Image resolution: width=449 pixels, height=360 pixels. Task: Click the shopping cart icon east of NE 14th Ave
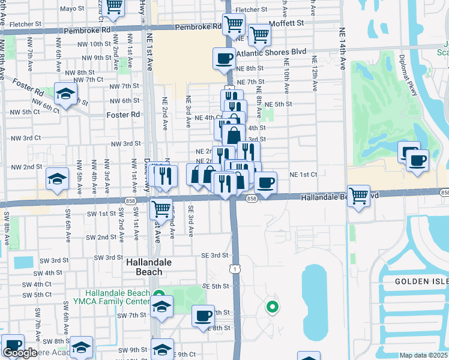[x=358, y=196]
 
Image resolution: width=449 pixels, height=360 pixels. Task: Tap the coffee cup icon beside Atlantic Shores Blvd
[x=224, y=58]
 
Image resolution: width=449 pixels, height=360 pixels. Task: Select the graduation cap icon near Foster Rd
[x=65, y=94]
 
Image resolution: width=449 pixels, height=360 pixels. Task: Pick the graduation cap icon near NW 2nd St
[x=57, y=178]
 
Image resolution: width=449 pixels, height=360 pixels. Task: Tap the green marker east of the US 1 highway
[x=272, y=308]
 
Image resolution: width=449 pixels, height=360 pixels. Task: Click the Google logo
[x=20, y=353]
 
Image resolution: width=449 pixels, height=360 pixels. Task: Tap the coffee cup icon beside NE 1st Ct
[x=265, y=182]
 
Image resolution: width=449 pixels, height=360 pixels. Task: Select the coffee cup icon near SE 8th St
[x=203, y=316]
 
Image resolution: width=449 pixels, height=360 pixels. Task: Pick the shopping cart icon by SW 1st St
[x=160, y=209]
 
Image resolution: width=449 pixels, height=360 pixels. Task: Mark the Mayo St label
[x=73, y=9]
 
